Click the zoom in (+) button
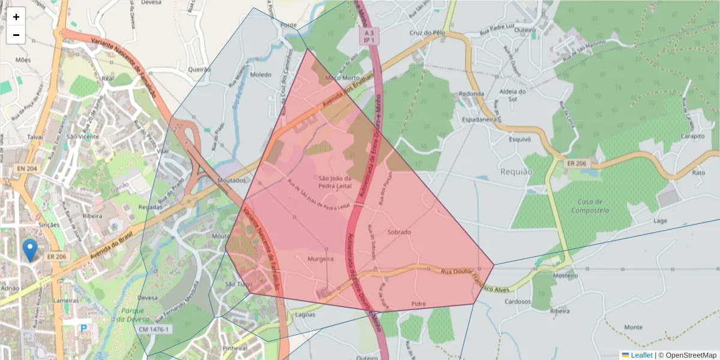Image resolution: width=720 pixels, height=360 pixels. [x=16, y=17]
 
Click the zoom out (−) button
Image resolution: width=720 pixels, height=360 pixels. [x=16, y=35]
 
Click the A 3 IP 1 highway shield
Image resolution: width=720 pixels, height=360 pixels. [x=369, y=35]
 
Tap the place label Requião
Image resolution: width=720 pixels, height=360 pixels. [x=516, y=172]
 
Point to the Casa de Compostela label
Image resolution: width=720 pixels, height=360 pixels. [x=590, y=206]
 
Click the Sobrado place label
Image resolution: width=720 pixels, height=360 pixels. [x=399, y=232]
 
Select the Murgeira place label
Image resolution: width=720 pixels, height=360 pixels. [x=320, y=260]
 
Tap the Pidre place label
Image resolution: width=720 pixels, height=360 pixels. [x=418, y=304]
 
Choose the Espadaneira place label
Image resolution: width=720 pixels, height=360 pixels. [x=481, y=120]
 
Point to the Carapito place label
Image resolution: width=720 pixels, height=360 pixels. [x=692, y=136]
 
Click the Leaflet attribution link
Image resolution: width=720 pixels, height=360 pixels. [x=641, y=355]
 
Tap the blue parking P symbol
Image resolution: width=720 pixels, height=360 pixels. [x=84, y=328]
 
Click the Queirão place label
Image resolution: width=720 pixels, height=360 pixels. [x=199, y=70]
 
